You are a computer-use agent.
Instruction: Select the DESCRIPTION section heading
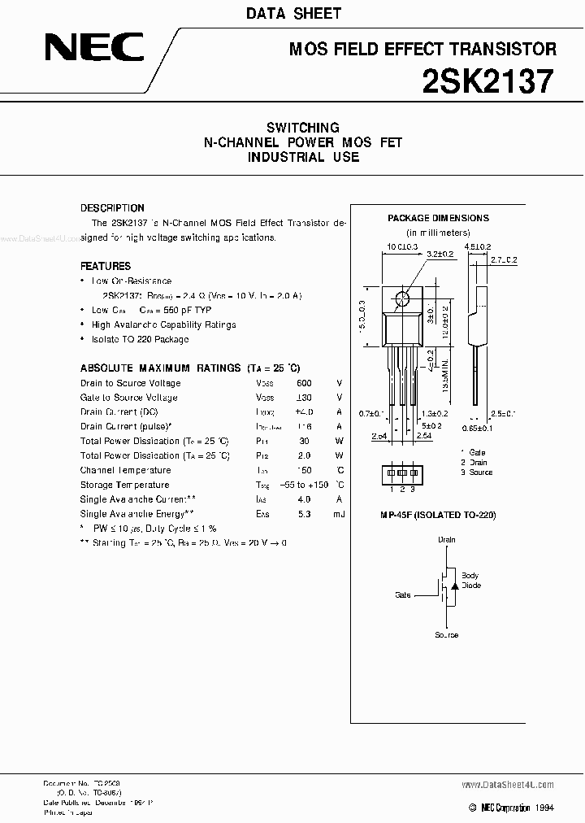pos(112,208)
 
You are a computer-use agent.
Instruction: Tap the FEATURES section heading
pos(106,266)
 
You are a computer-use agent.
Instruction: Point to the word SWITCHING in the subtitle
pos(303,128)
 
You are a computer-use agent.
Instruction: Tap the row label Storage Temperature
pos(124,485)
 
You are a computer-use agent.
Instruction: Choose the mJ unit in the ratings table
pos(339,514)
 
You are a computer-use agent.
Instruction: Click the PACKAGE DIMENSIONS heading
pos(438,218)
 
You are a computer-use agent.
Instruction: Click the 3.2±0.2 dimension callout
pos(440,254)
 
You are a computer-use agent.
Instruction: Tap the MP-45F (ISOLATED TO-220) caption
pos(438,515)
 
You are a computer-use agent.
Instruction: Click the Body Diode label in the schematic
pos(470,581)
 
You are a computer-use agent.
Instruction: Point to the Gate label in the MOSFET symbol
pos(404,595)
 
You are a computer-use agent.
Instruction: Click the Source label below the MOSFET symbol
pos(447,635)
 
